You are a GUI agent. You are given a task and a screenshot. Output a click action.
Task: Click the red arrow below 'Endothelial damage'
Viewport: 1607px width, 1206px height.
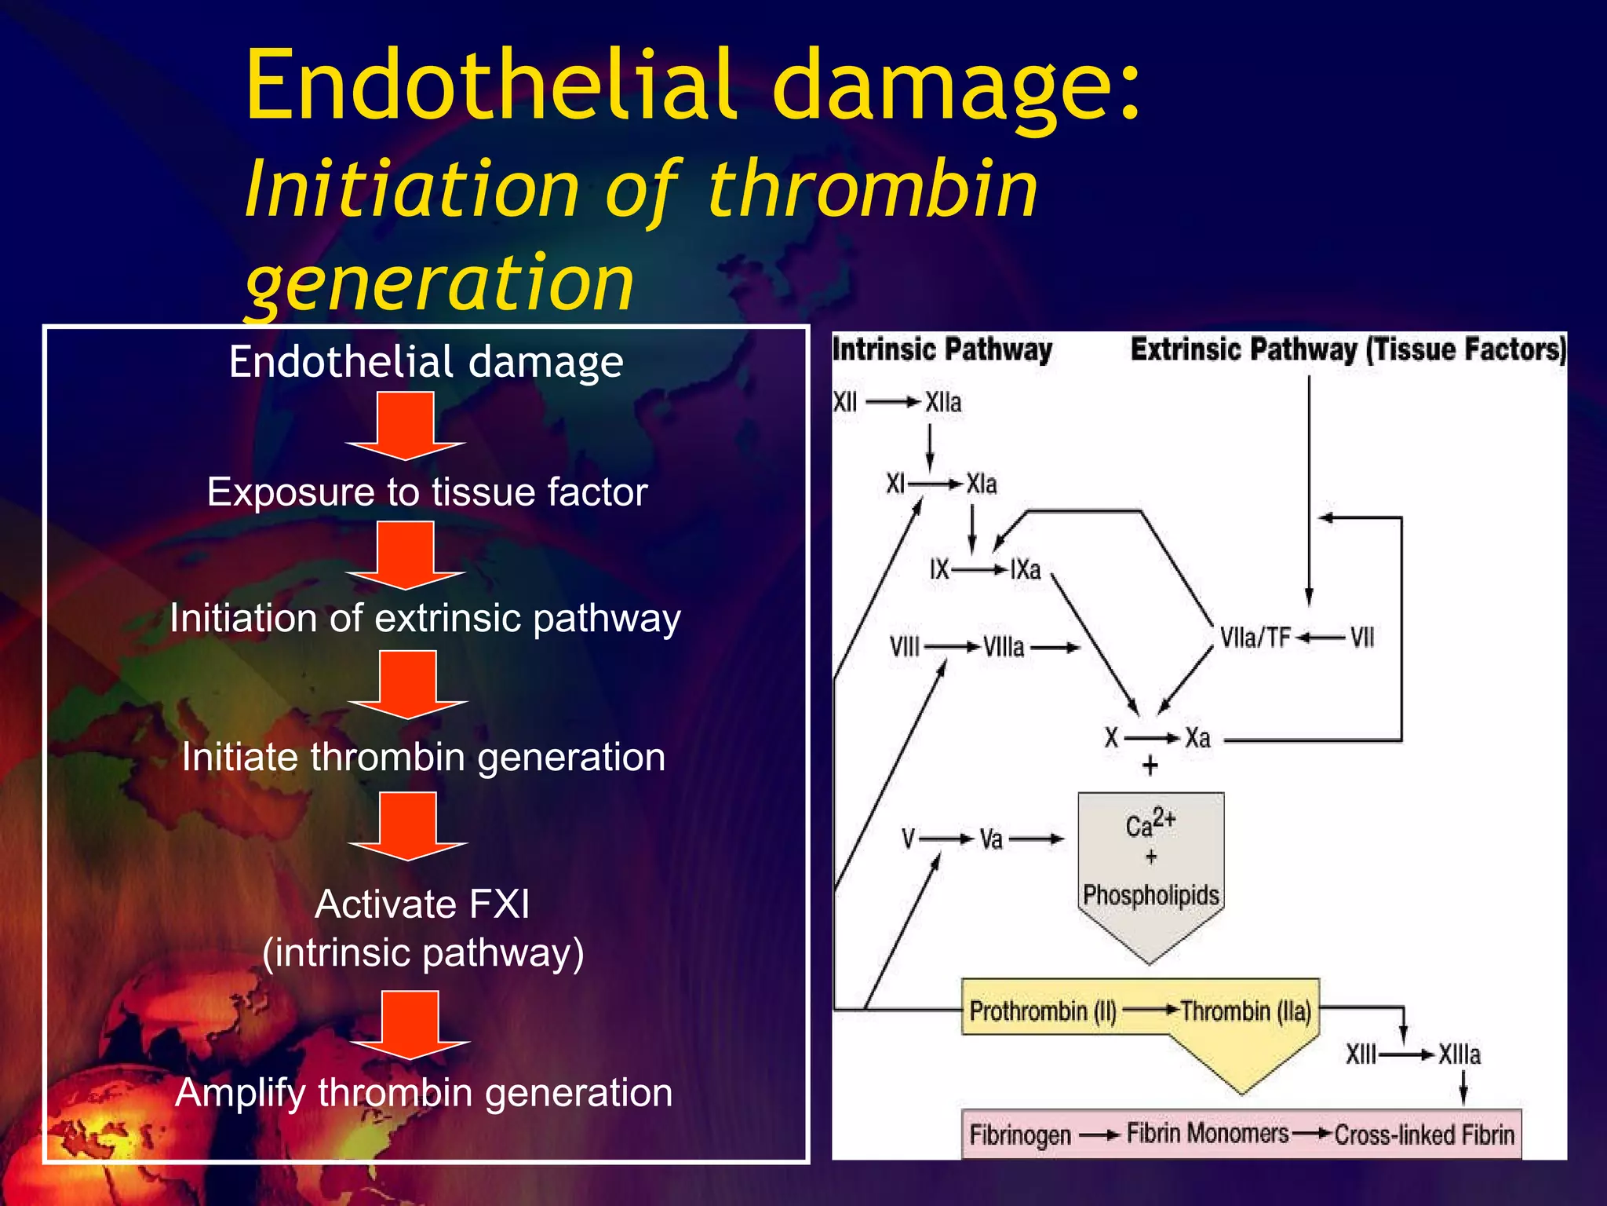click(x=406, y=426)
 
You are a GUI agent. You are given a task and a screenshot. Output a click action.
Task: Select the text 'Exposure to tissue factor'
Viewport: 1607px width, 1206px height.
click(x=427, y=492)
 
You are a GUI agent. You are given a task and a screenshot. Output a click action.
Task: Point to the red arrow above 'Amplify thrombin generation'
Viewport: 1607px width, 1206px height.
click(x=410, y=1025)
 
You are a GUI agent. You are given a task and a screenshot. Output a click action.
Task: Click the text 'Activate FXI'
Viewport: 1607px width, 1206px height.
click(x=422, y=904)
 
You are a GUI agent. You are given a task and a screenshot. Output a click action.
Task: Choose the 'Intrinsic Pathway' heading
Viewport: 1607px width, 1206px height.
click(x=942, y=349)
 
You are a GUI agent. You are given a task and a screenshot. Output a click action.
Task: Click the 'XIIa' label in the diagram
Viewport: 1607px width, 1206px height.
click(x=942, y=403)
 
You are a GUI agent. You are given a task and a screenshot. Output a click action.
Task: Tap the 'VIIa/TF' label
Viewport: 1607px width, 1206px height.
click(x=1255, y=638)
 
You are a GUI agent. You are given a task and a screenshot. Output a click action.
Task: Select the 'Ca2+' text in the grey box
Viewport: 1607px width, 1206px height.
click(x=1150, y=824)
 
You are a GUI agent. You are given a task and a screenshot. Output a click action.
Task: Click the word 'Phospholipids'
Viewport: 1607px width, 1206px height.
click(x=1150, y=895)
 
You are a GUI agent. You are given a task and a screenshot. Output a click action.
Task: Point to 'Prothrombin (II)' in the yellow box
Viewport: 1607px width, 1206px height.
click(x=1043, y=1010)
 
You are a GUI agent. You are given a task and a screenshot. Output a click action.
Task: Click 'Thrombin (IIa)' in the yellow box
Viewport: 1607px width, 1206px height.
click(x=1246, y=1010)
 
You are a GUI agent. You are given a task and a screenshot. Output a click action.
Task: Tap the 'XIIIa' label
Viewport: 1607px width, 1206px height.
click(x=1459, y=1054)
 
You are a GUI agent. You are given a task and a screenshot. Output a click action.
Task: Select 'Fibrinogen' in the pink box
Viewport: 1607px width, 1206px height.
click(x=1020, y=1135)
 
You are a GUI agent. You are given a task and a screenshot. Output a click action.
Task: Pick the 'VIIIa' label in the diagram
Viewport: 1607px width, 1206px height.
click(x=1004, y=647)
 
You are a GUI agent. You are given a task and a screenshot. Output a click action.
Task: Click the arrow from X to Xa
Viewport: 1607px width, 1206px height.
click(x=1152, y=738)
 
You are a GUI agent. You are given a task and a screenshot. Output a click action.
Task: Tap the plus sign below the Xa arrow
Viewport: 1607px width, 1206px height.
click(x=1150, y=766)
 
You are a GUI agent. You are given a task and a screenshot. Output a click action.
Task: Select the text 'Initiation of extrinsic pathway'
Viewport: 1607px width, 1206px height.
click(x=425, y=618)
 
